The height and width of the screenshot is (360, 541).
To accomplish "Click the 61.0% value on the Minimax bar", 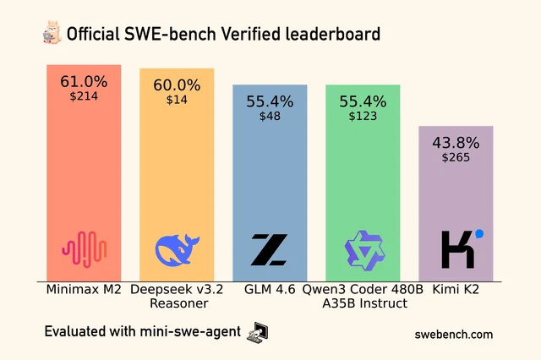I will point(84,82).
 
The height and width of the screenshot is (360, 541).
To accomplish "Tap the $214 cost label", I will point(84,97).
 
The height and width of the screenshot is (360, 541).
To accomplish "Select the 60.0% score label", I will point(177,85).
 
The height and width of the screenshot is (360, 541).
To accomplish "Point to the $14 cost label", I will point(177,100).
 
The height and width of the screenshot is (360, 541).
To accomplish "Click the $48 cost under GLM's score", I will point(270,117).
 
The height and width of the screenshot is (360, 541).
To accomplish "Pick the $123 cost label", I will point(363,117).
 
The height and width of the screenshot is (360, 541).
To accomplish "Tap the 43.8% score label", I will point(456,142).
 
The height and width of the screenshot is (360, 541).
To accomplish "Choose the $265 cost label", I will point(456,157).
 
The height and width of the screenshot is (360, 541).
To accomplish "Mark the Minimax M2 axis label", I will point(84,290).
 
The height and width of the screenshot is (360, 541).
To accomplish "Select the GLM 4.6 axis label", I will point(270,290).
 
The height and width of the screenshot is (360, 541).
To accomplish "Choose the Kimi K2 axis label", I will point(456,290).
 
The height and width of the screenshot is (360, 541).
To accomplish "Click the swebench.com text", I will point(453,334).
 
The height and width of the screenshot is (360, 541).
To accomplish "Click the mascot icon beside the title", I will point(51,34).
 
